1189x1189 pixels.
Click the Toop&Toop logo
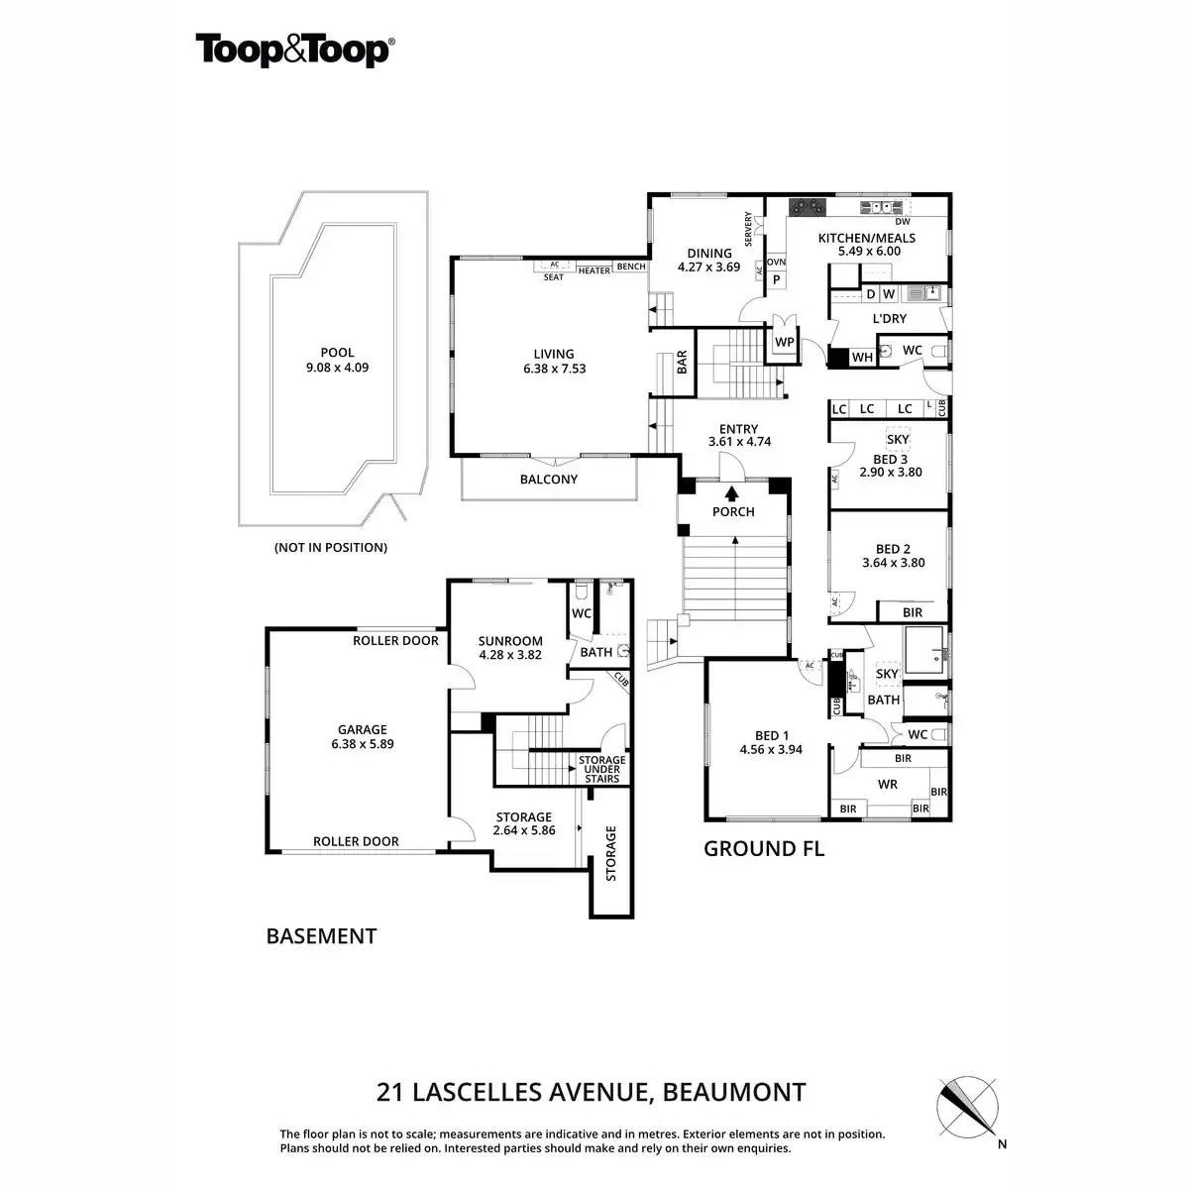point(294,50)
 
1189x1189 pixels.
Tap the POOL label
point(337,353)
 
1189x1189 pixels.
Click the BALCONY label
point(549,480)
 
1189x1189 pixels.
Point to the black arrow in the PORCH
point(733,493)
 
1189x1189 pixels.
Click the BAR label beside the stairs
point(683,364)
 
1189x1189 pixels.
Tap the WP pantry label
point(784,342)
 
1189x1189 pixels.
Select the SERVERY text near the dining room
point(749,230)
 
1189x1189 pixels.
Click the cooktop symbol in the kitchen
point(807,207)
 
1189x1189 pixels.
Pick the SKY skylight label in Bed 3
point(898,439)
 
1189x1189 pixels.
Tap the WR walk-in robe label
point(888,784)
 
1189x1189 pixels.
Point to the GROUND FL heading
point(763,849)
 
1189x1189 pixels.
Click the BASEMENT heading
point(321,936)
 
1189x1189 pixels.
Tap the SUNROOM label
point(510,641)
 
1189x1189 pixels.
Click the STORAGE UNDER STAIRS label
point(601,769)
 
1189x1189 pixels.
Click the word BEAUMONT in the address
point(733,1093)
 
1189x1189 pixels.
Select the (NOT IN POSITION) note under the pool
point(330,547)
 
